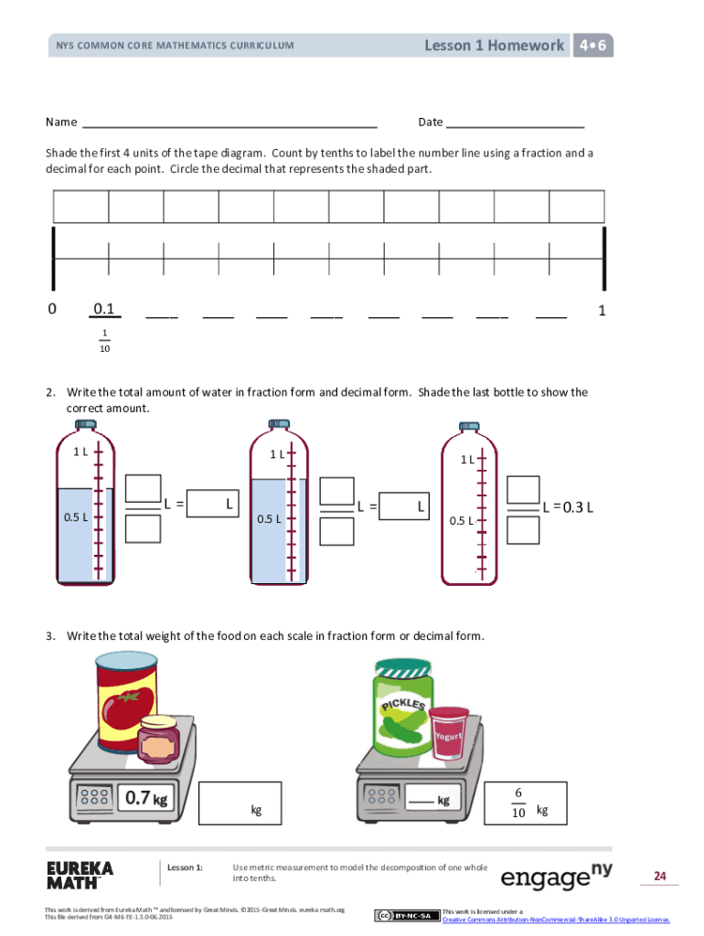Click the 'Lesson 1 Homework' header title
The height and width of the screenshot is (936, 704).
(x=494, y=45)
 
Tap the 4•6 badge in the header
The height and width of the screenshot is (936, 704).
(x=592, y=45)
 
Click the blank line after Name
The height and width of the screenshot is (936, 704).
(x=229, y=122)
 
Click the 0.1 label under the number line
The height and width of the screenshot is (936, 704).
(x=104, y=309)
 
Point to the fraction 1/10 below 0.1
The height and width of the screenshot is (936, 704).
(x=105, y=340)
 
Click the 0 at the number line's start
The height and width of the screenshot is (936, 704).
(x=52, y=309)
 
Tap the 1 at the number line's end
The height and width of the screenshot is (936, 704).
(x=602, y=310)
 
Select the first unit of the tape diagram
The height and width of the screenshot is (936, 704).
(x=81, y=207)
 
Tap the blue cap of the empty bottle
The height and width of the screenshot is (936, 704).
(x=469, y=425)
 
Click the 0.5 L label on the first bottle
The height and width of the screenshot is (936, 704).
(x=76, y=517)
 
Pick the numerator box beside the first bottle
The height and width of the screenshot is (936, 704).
(x=143, y=489)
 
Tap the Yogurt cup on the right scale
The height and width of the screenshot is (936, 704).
(x=449, y=733)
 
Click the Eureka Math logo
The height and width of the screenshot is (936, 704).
(x=80, y=875)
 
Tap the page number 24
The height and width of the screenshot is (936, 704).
(x=659, y=877)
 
